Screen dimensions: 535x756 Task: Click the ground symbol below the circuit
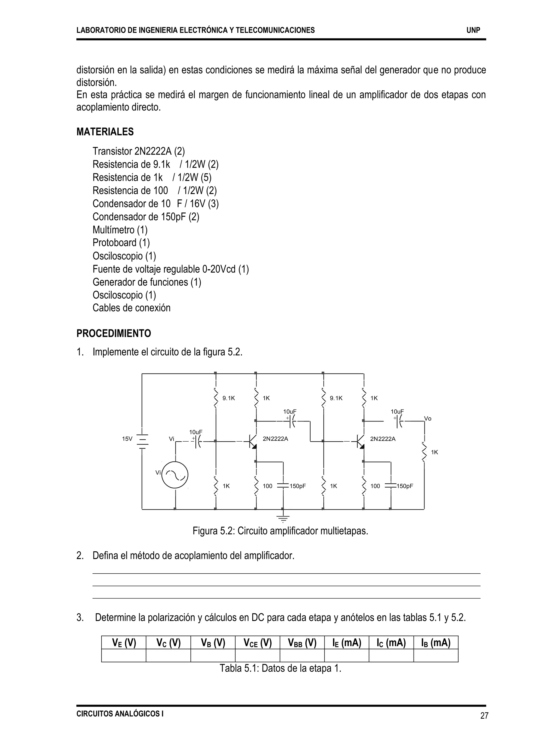(x=283, y=518)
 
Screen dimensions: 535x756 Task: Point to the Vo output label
(x=428, y=419)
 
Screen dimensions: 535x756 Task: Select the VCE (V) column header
(x=257, y=643)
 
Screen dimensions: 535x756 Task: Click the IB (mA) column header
(x=435, y=643)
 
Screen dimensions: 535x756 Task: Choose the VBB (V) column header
(x=302, y=643)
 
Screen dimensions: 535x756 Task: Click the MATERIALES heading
(x=105, y=132)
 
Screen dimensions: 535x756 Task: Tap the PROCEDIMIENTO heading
(x=114, y=333)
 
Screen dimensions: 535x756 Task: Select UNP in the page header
(x=473, y=30)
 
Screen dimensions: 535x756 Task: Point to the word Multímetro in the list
(x=113, y=230)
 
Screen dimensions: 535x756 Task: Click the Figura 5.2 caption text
(x=280, y=531)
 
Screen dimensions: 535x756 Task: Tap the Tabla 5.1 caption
(x=280, y=668)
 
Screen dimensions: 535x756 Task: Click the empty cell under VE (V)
(x=124, y=655)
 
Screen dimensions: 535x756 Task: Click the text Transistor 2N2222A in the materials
(x=132, y=151)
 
